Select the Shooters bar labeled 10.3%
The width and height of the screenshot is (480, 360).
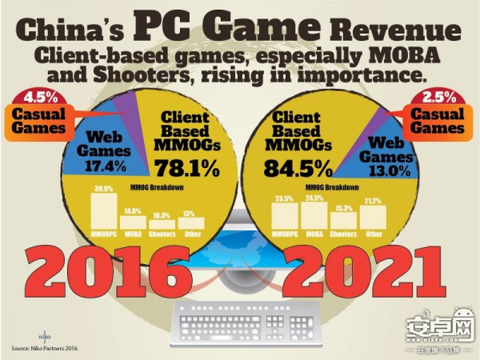pyautogui.click(x=162, y=225)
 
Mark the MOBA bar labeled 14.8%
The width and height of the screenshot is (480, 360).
pyautogui.click(x=133, y=222)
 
